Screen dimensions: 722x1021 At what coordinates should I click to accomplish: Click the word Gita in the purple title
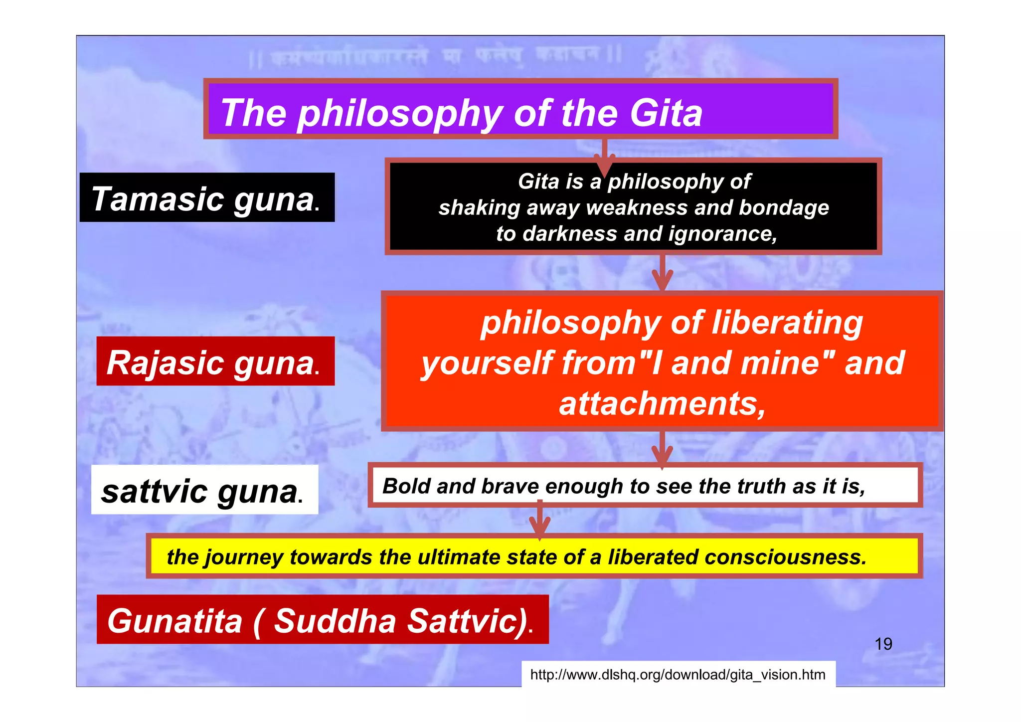click(x=666, y=113)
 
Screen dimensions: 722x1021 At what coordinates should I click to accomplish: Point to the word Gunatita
click(x=175, y=621)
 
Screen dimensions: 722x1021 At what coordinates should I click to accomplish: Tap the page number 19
click(x=883, y=644)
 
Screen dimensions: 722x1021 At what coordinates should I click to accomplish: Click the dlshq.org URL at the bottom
click(x=678, y=675)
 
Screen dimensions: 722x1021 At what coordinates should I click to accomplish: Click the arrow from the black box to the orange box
click(x=663, y=273)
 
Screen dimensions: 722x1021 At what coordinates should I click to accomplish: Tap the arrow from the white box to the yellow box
click(x=539, y=520)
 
